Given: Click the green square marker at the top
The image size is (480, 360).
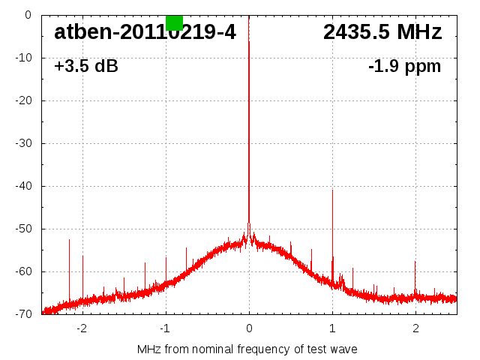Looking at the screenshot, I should point(174,22).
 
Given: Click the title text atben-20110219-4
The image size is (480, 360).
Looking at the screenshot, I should point(144,32).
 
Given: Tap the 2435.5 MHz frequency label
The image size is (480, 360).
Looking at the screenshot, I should point(382,32).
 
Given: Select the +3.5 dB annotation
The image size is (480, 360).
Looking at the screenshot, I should point(86,66).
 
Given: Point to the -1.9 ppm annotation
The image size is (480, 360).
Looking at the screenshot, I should point(404,66).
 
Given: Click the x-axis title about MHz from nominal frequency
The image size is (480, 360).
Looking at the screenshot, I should point(247,349).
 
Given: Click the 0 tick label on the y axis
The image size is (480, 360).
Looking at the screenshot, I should point(27,15).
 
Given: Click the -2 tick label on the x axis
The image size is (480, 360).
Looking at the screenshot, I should point(81,328).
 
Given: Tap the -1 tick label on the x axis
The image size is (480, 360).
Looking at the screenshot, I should point(164,328).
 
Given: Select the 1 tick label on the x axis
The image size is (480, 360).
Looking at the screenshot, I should point(332,328).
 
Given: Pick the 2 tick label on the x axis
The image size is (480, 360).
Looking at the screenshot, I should point(415,328).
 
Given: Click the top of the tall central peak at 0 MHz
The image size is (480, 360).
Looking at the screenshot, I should point(249,42).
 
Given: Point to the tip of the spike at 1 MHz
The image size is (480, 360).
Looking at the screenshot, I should point(332,190).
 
